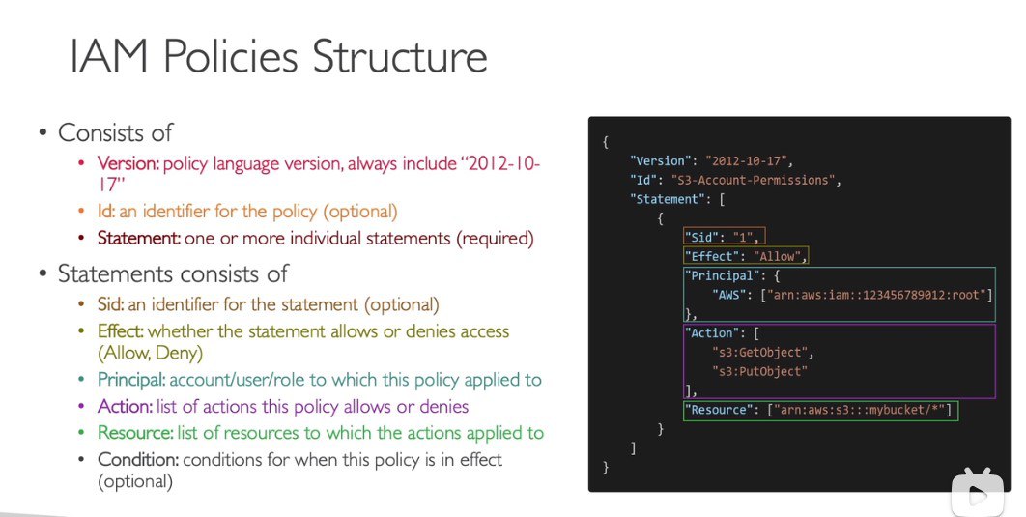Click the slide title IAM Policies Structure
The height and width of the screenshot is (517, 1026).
278,56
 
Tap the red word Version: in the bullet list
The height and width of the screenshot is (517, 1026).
128,163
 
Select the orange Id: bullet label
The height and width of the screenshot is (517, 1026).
106,212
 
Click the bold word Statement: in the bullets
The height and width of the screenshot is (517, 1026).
139,239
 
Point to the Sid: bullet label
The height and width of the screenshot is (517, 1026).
110,304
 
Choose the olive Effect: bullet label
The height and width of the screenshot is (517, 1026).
121,331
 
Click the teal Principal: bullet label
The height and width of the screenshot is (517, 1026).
131,380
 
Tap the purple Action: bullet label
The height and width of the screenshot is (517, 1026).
125,407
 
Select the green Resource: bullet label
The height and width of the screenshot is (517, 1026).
135,433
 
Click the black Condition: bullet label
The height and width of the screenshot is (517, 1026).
138,459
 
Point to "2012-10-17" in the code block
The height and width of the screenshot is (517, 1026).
746,161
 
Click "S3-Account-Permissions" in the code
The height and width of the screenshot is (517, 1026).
754,180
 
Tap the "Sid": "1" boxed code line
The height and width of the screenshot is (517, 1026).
724,236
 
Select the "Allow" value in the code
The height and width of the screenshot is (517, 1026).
778,256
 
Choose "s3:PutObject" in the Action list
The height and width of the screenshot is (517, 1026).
759,371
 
